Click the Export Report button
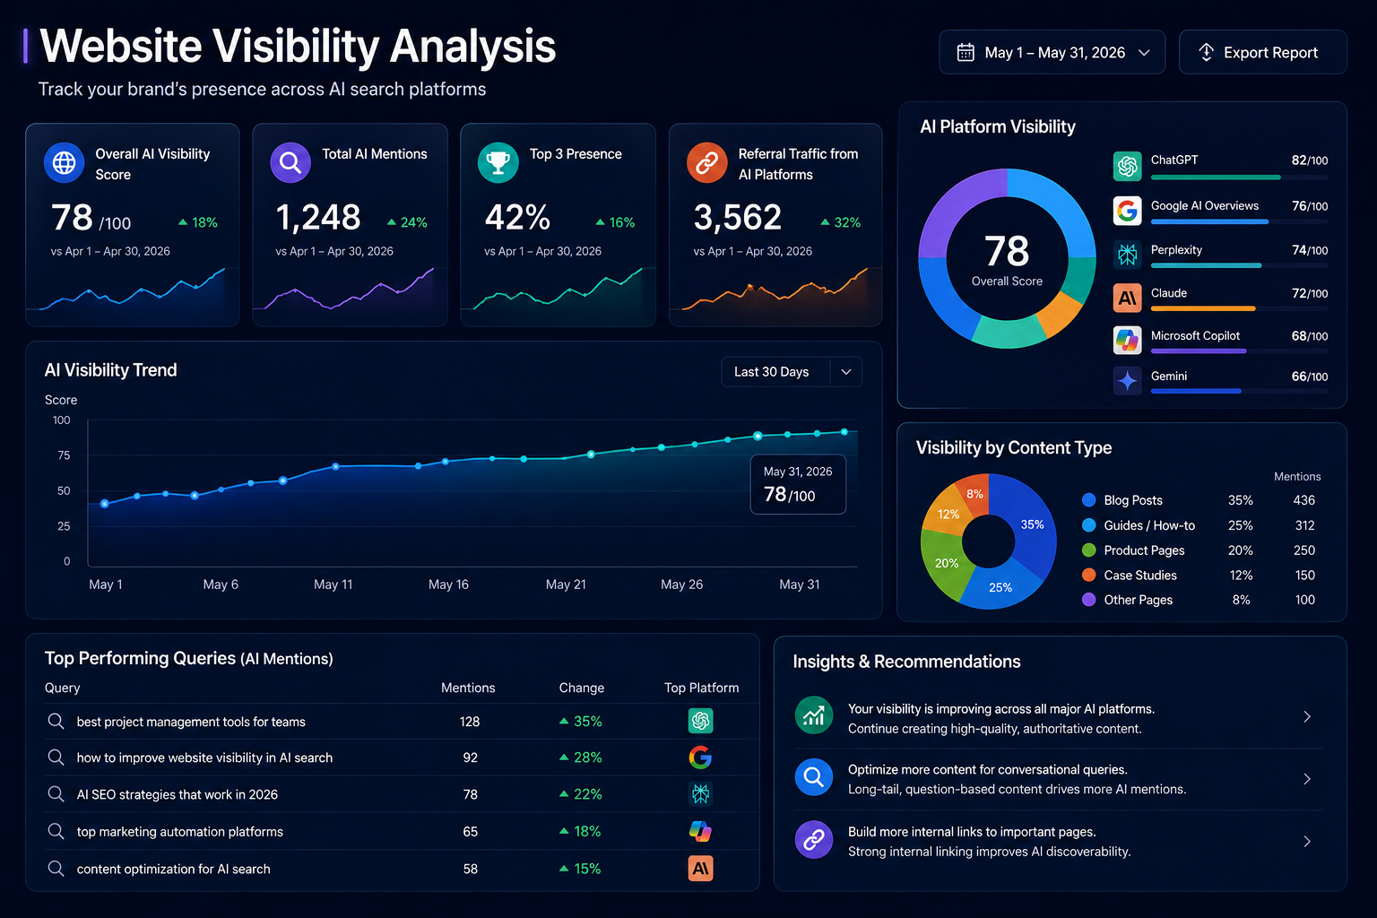pos(1262,52)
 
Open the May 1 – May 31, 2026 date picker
pos(1052,52)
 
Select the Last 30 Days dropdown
pos(792,372)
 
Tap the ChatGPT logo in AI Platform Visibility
pos(1127,166)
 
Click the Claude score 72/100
pos(1310,293)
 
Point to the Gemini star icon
pos(1127,381)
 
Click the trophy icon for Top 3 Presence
pos(498,163)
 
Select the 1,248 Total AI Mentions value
pos(318,217)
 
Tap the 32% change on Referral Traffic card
pos(840,222)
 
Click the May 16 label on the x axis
pos(448,585)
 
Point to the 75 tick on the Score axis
pos(64,455)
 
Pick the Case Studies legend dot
pos(1088,575)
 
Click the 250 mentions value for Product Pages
pos(1303,550)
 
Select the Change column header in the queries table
pos(581,688)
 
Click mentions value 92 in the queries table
pos(471,758)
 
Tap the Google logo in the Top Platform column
pos(700,757)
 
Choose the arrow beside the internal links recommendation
pos(1307,841)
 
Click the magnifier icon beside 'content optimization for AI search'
pos(56,868)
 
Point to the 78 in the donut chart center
pos(1007,251)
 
